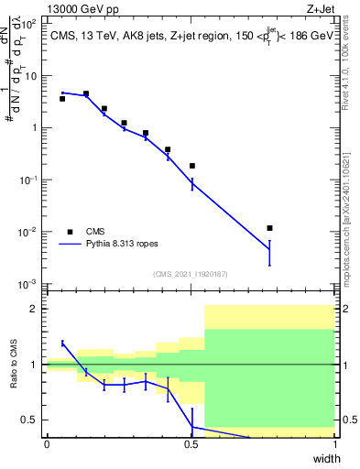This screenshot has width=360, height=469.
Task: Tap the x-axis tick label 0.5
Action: click(191, 445)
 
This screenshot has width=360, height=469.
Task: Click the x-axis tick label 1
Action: click(334, 445)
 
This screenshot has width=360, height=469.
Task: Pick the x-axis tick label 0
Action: click(47, 445)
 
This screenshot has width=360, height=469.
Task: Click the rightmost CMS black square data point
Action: click(269, 228)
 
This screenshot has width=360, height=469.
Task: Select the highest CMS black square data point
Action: click(86, 93)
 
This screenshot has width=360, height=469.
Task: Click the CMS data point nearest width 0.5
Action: click(192, 166)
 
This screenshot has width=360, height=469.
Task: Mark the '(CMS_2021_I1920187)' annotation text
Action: click(191, 273)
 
